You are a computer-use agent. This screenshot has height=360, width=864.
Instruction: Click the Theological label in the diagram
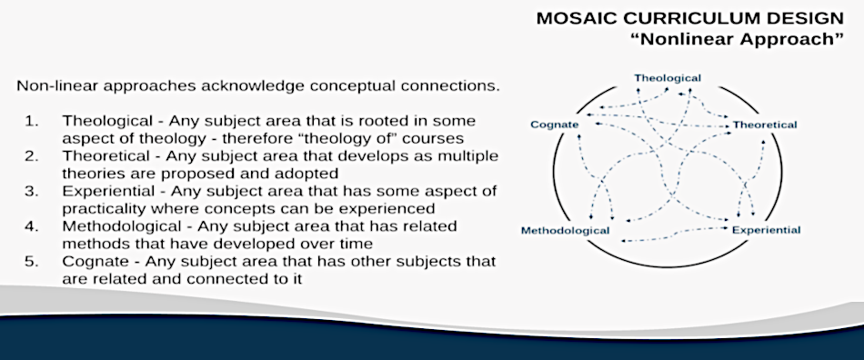point(668,78)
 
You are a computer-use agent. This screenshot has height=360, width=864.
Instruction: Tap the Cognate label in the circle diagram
point(555,125)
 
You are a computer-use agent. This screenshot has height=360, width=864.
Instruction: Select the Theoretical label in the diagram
point(764,125)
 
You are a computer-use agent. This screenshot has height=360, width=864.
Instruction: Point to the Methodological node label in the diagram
point(566,231)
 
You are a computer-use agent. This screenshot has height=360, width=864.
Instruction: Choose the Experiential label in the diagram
point(766,230)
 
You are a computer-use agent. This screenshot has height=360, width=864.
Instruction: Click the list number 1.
point(31,121)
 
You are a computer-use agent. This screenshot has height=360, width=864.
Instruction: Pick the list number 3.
point(31,191)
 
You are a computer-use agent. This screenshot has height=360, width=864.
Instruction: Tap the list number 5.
point(31,261)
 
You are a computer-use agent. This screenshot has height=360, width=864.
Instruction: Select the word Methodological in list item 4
point(121,226)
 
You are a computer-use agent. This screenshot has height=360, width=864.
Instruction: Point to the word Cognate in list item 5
point(89,262)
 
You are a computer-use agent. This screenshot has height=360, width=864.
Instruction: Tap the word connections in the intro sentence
point(452,86)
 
